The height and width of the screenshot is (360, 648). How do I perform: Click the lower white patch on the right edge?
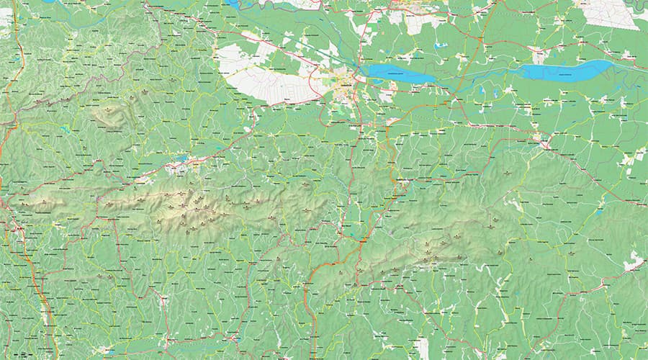pos(634,265)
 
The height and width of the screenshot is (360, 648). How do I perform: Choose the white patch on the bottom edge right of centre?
pos(422,348)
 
